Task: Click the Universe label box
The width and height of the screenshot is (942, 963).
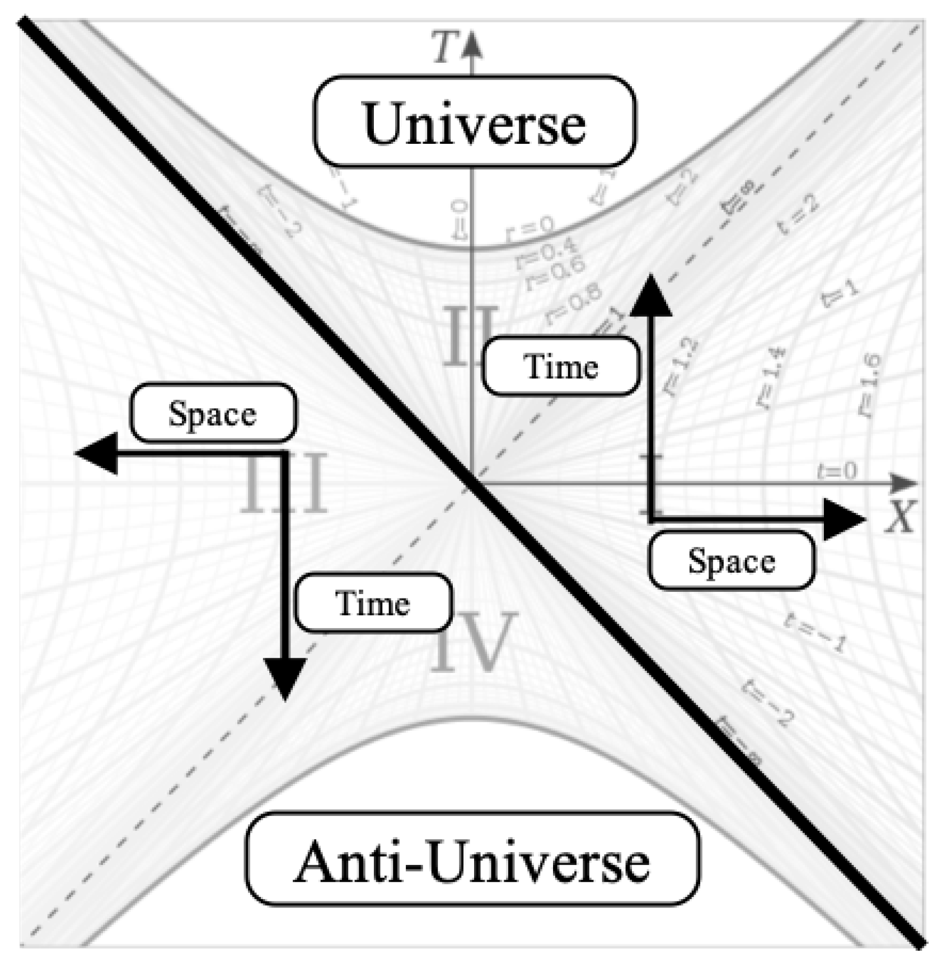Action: point(475,121)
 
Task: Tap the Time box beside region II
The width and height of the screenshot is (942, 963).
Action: point(561,367)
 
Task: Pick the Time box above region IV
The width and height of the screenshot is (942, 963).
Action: point(373,603)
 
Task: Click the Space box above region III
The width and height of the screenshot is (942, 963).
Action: point(213,414)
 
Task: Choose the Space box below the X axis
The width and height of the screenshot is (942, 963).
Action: point(732,560)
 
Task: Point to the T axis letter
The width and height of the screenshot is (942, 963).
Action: point(448,48)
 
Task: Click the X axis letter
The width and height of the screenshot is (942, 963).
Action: point(899,516)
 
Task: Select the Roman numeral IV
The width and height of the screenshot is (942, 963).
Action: point(473,641)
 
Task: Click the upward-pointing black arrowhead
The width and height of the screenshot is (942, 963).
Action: point(651,294)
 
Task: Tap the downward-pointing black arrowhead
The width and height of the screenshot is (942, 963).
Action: point(285,677)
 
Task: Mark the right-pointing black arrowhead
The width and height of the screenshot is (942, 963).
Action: point(844,519)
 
